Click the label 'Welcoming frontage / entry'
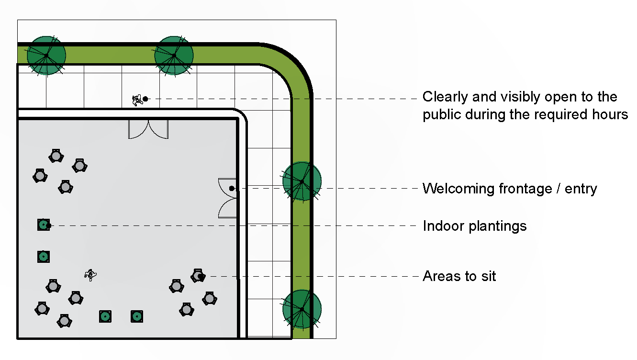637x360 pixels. (x=509, y=189)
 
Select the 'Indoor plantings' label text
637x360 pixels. (x=474, y=225)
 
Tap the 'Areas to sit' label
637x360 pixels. (x=459, y=276)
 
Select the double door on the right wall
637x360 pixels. (x=228, y=198)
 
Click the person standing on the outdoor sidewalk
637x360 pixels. (x=137, y=100)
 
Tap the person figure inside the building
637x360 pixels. (x=89, y=274)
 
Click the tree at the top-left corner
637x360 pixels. (x=46, y=56)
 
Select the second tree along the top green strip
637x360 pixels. (x=174, y=56)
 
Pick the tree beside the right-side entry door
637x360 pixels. (x=302, y=181)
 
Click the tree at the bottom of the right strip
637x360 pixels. (x=302, y=309)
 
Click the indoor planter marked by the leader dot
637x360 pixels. (x=44, y=225)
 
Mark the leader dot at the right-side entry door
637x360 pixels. (x=232, y=189)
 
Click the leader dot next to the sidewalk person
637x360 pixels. (x=145, y=99)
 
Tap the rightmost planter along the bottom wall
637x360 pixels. (x=137, y=316)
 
